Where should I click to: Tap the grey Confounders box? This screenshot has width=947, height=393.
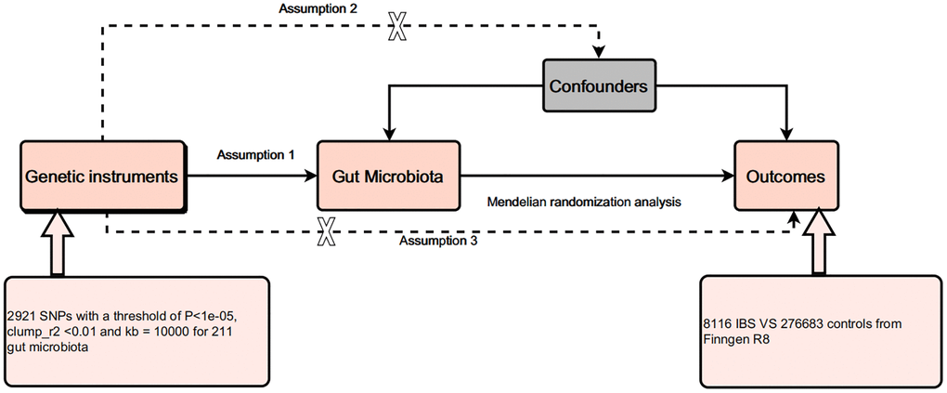point(600,85)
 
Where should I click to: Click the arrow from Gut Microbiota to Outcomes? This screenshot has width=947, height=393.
point(594,175)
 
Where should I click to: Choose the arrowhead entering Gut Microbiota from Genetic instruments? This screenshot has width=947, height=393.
point(311,175)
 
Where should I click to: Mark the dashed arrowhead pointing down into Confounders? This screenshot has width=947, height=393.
point(600,48)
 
